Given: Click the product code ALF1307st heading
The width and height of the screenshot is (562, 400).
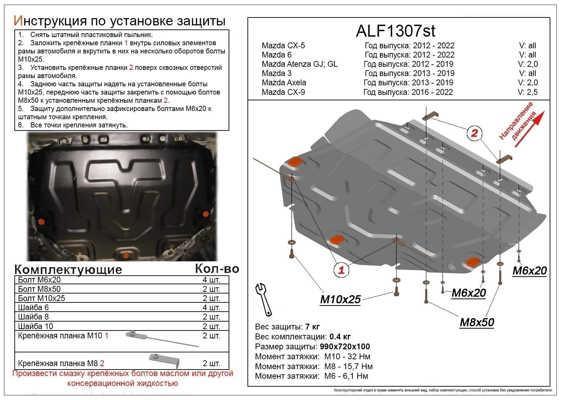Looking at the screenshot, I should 395,31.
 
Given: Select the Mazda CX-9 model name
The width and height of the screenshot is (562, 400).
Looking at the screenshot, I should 283,92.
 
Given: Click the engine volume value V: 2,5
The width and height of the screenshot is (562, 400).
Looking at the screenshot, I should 527,92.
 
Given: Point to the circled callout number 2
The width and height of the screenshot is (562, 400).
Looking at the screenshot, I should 474,133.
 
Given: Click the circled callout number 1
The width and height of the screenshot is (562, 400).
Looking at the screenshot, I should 341,270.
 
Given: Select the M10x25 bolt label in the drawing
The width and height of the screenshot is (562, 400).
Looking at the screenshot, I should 340,299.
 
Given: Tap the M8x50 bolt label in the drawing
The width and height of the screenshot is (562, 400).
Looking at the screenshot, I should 477,322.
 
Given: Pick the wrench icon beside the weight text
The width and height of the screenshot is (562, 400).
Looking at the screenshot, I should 264,299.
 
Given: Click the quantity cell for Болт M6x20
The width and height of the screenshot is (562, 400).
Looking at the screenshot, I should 211,280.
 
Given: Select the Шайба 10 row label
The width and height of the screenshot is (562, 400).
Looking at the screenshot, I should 36,326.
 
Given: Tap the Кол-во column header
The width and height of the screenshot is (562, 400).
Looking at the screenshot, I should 217,269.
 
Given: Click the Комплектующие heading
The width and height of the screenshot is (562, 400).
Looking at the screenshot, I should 68,270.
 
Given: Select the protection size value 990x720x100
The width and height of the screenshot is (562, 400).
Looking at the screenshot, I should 345,347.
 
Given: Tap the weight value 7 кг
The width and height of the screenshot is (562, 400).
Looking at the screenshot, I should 312,326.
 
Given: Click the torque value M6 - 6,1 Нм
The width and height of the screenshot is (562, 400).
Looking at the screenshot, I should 346,376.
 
